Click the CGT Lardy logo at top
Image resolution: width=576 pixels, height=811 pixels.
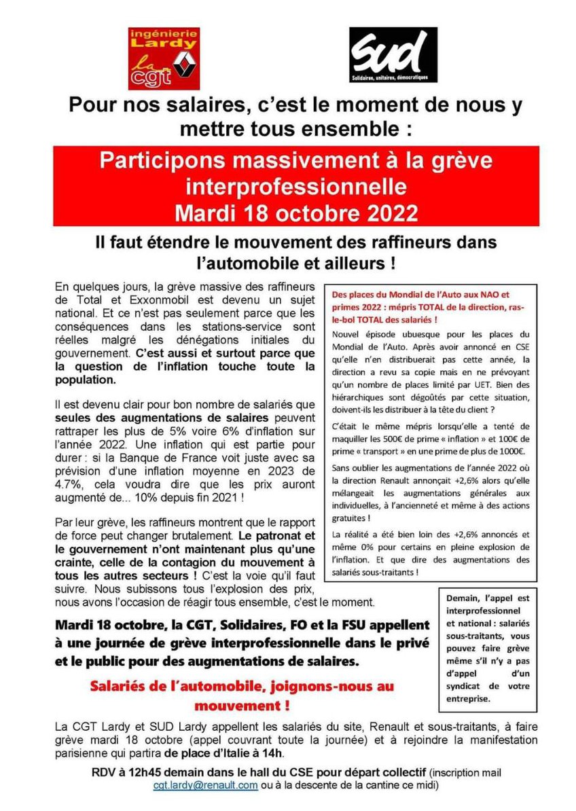coord(164,58)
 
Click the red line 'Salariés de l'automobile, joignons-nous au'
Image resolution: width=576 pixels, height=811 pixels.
coord(242,687)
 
